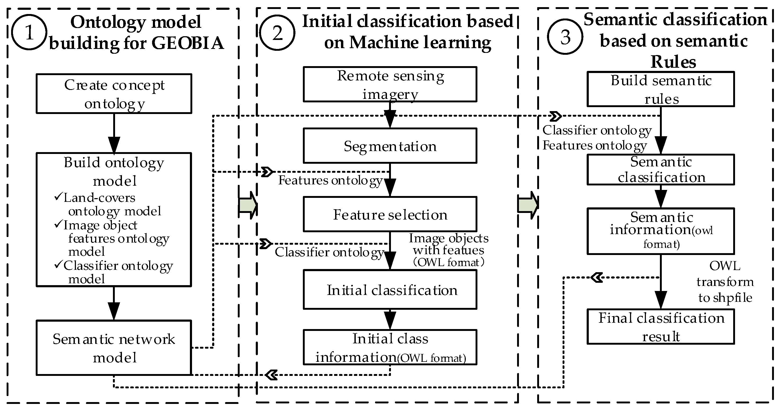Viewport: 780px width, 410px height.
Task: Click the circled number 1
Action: coord(29,32)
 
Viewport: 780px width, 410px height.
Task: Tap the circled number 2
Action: coord(277,32)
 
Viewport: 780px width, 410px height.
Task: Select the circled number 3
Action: coord(565,37)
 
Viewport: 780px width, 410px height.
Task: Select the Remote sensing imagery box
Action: coord(390,84)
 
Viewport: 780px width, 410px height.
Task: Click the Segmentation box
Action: coord(390,146)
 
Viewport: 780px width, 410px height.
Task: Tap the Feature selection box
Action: coord(390,214)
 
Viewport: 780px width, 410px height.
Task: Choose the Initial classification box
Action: coord(390,290)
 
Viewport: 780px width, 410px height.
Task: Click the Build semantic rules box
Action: coord(661,89)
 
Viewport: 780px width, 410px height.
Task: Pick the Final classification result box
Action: coord(661,327)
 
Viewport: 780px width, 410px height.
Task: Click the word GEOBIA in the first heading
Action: coord(188,43)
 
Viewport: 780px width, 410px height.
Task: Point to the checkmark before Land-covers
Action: coord(58,197)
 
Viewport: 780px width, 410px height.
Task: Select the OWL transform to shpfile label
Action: coord(725,282)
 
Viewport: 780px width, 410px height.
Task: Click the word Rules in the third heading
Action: coord(673,62)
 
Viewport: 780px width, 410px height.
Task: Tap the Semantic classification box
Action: coord(661,170)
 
